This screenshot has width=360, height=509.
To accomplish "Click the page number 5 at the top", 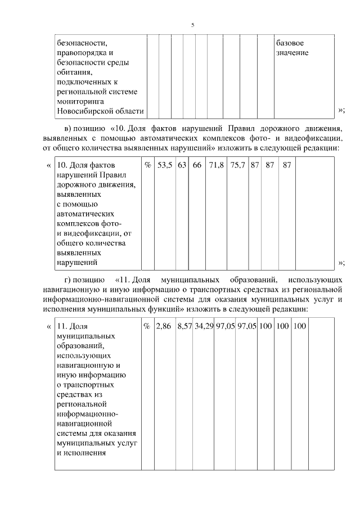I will (x=193, y=25).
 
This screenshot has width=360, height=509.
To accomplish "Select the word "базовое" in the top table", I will (x=290, y=43).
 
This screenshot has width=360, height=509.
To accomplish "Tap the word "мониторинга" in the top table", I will (x=79, y=101).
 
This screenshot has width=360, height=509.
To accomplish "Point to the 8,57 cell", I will (x=184, y=326).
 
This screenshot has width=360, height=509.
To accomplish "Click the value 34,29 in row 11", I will (x=204, y=326).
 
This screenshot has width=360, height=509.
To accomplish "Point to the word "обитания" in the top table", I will (x=74, y=72).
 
